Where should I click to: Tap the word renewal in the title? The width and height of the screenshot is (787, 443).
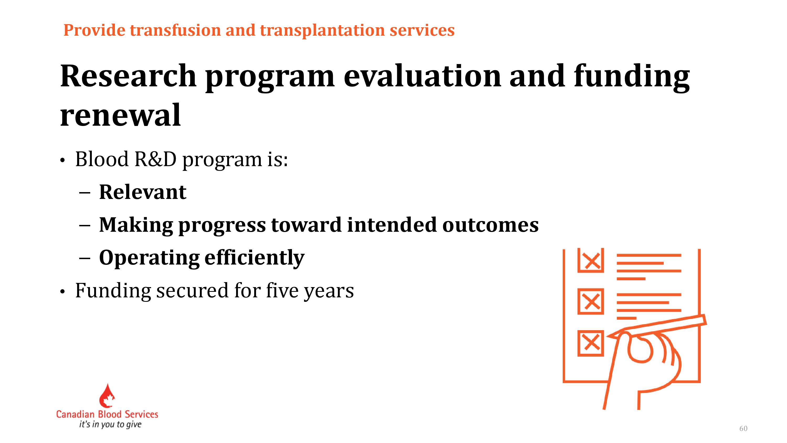pos(120,115)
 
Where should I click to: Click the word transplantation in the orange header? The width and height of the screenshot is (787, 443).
pos(322,30)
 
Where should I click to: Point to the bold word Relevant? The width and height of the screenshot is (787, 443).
pos(143,192)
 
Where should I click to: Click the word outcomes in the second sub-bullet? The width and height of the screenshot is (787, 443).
pos(490,225)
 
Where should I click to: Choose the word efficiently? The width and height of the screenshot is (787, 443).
pos(254,258)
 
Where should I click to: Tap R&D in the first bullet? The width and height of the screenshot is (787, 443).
pos(156,159)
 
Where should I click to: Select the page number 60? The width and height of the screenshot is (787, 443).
pos(743,428)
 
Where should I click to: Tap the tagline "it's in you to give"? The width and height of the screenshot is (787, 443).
pos(110,424)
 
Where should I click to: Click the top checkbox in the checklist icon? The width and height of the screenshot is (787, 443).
pos(591,261)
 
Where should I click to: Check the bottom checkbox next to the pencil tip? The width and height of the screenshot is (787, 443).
pos(591,343)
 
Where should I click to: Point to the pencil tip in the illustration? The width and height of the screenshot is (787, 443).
pos(607,337)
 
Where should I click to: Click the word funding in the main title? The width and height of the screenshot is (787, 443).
pos(632,76)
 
